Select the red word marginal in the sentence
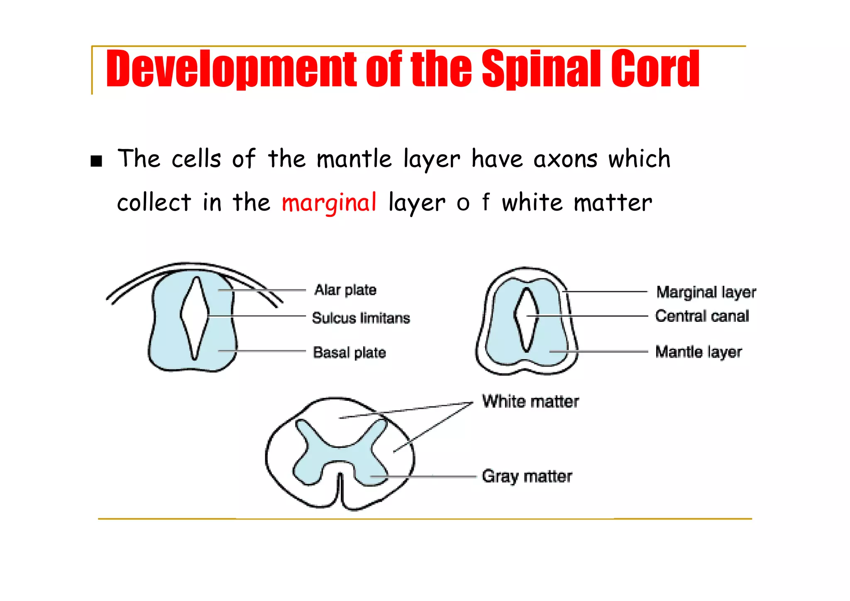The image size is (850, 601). point(329,203)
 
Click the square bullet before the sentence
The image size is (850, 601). point(96,161)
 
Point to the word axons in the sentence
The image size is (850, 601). point(565,159)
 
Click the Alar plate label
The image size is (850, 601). point(345,290)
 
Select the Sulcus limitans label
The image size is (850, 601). point(361,318)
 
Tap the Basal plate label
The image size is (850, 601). point(349,353)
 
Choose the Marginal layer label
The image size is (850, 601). point(706,292)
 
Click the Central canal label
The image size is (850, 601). point(702,316)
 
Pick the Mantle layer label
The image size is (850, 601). point(698,352)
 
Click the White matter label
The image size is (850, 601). point(530,402)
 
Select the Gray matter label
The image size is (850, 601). point(527,476)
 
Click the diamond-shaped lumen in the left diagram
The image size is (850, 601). point(194,316)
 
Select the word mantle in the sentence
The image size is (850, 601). point(354,159)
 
